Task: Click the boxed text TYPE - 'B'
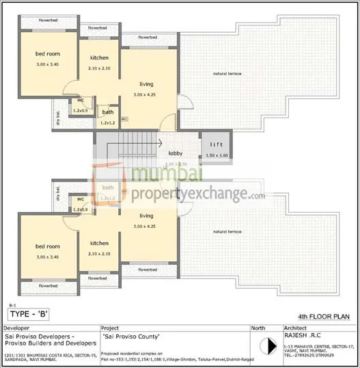pos(32,315)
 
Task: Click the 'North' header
pos(259,328)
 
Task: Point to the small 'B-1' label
pos(12,306)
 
